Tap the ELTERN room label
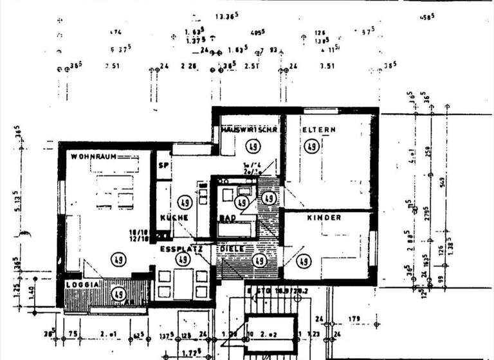tap(319, 130)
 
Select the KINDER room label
tap(324, 218)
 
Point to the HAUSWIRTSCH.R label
tap(249, 130)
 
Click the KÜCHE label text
tap(174, 218)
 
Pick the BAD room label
tap(227, 219)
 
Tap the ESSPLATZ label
tap(181, 248)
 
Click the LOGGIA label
tap(82, 283)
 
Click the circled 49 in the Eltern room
tap(311, 147)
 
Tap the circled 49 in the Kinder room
tap(304, 261)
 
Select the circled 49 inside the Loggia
tap(118, 294)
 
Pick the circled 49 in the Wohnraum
tap(118, 259)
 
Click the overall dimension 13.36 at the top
tap(226, 15)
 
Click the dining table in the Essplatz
tap(183, 282)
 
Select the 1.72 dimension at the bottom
tap(189, 352)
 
